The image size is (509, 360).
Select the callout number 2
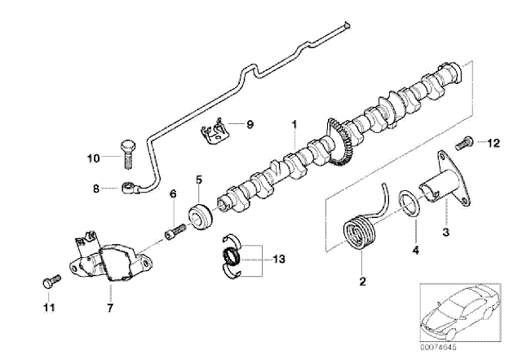point(362,282)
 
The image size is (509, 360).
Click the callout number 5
point(198,179)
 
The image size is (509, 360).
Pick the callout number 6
point(172,193)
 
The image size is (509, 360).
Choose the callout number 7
point(109,308)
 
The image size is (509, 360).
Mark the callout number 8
point(96,189)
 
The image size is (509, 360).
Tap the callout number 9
point(250,124)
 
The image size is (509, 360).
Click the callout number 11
point(48,308)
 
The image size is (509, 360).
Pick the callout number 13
point(279,259)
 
